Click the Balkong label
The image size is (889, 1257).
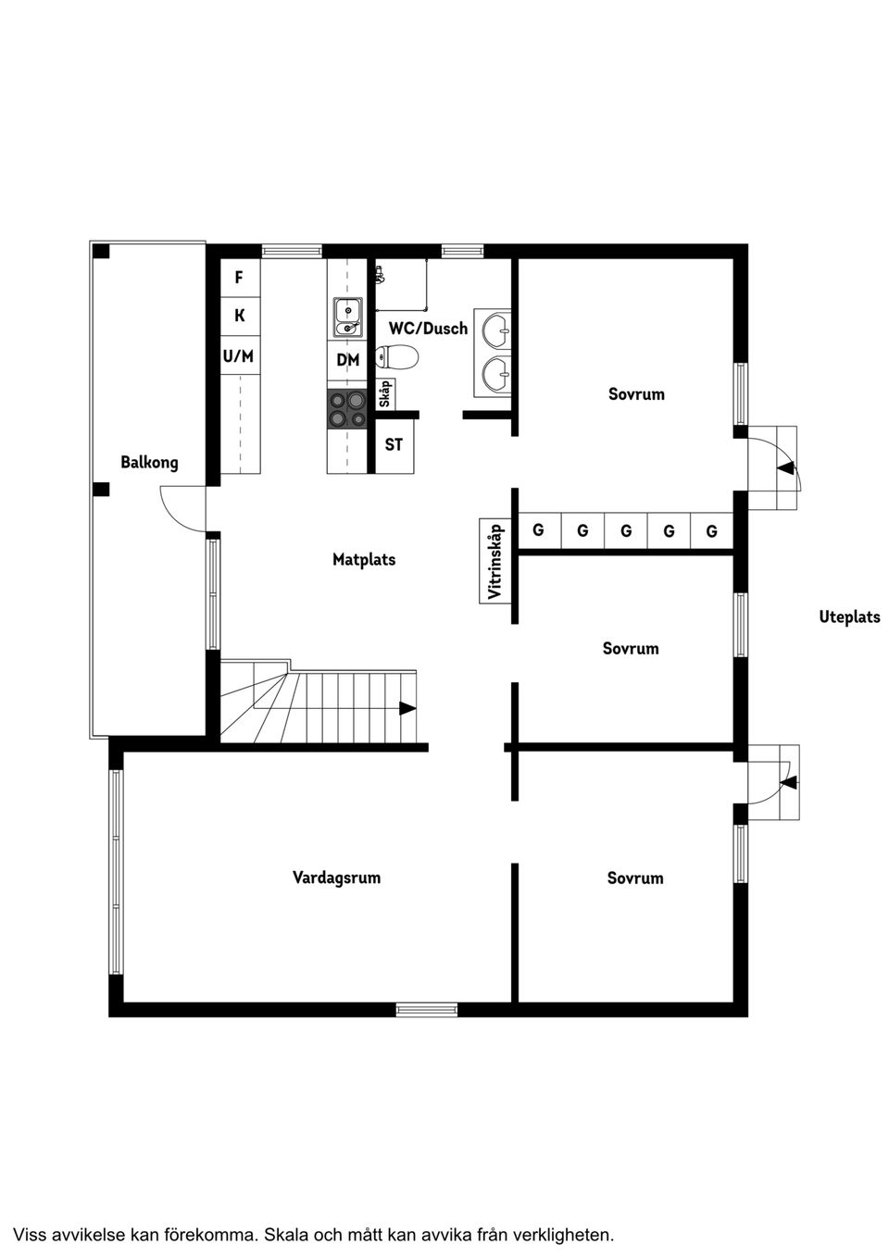[149, 462]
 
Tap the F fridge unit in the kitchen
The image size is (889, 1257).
[239, 278]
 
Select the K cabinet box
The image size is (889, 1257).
[239, 316]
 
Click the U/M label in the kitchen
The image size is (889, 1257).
[238, 355]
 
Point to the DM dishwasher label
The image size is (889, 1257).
[347, 360]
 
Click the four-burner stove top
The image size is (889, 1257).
[347, 409]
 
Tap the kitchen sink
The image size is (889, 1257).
[348, 317]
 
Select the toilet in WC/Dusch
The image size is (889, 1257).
[397, 356]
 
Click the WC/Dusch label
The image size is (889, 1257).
[428, 328]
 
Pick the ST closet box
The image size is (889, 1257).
[394, 445]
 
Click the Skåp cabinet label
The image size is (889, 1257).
[385, 394]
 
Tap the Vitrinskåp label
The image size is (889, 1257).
[495, 562]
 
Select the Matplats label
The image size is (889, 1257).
[364, 559]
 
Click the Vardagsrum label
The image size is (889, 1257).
[336, 877]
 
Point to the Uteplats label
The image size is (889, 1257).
[849, 616]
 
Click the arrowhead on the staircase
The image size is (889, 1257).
[407, 708]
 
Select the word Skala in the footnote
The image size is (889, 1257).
[287, 1234]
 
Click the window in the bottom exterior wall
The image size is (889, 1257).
[427, 1010]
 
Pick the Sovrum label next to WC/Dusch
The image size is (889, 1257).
[636, 393]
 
